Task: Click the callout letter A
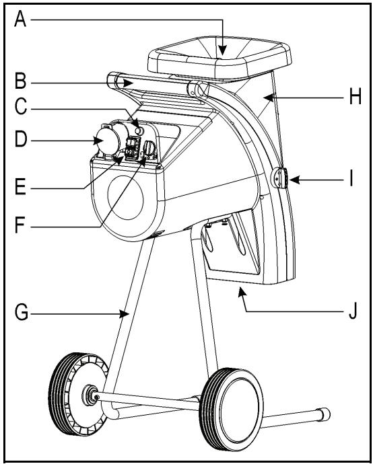coord(22,21)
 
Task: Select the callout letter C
coord(22,108)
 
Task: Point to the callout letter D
coord(22,141)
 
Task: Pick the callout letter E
coord(22,186)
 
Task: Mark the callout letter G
coord(22,313)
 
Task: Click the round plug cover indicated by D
coord(107,143)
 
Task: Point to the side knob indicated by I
coord(280,179)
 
